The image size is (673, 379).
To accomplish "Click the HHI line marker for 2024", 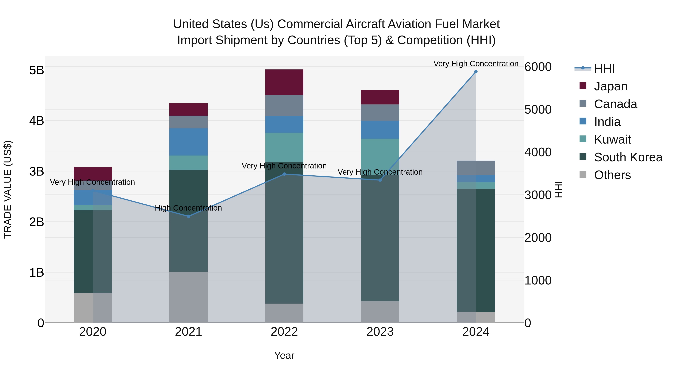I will (x=476, y=72).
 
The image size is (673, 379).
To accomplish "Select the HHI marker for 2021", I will (x=188, y=216).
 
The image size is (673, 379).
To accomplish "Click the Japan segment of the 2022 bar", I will (x=284, y=82).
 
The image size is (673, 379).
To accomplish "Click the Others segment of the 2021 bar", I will (x=188, y=297).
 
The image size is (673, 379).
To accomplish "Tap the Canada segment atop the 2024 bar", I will (x=476, y=168).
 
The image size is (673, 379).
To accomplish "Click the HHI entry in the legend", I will (x=604, y=69).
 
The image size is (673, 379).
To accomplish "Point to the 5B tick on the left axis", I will (x=37, y=70).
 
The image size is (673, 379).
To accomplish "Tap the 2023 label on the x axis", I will (x=380, y=332).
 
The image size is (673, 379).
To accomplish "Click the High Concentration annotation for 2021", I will (x=188, y=208).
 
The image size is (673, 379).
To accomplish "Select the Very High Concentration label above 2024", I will (x=476, y=64).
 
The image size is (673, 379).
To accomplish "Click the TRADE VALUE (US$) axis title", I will (x=8, y=189).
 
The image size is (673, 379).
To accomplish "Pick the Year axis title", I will (x=284, y=355).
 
